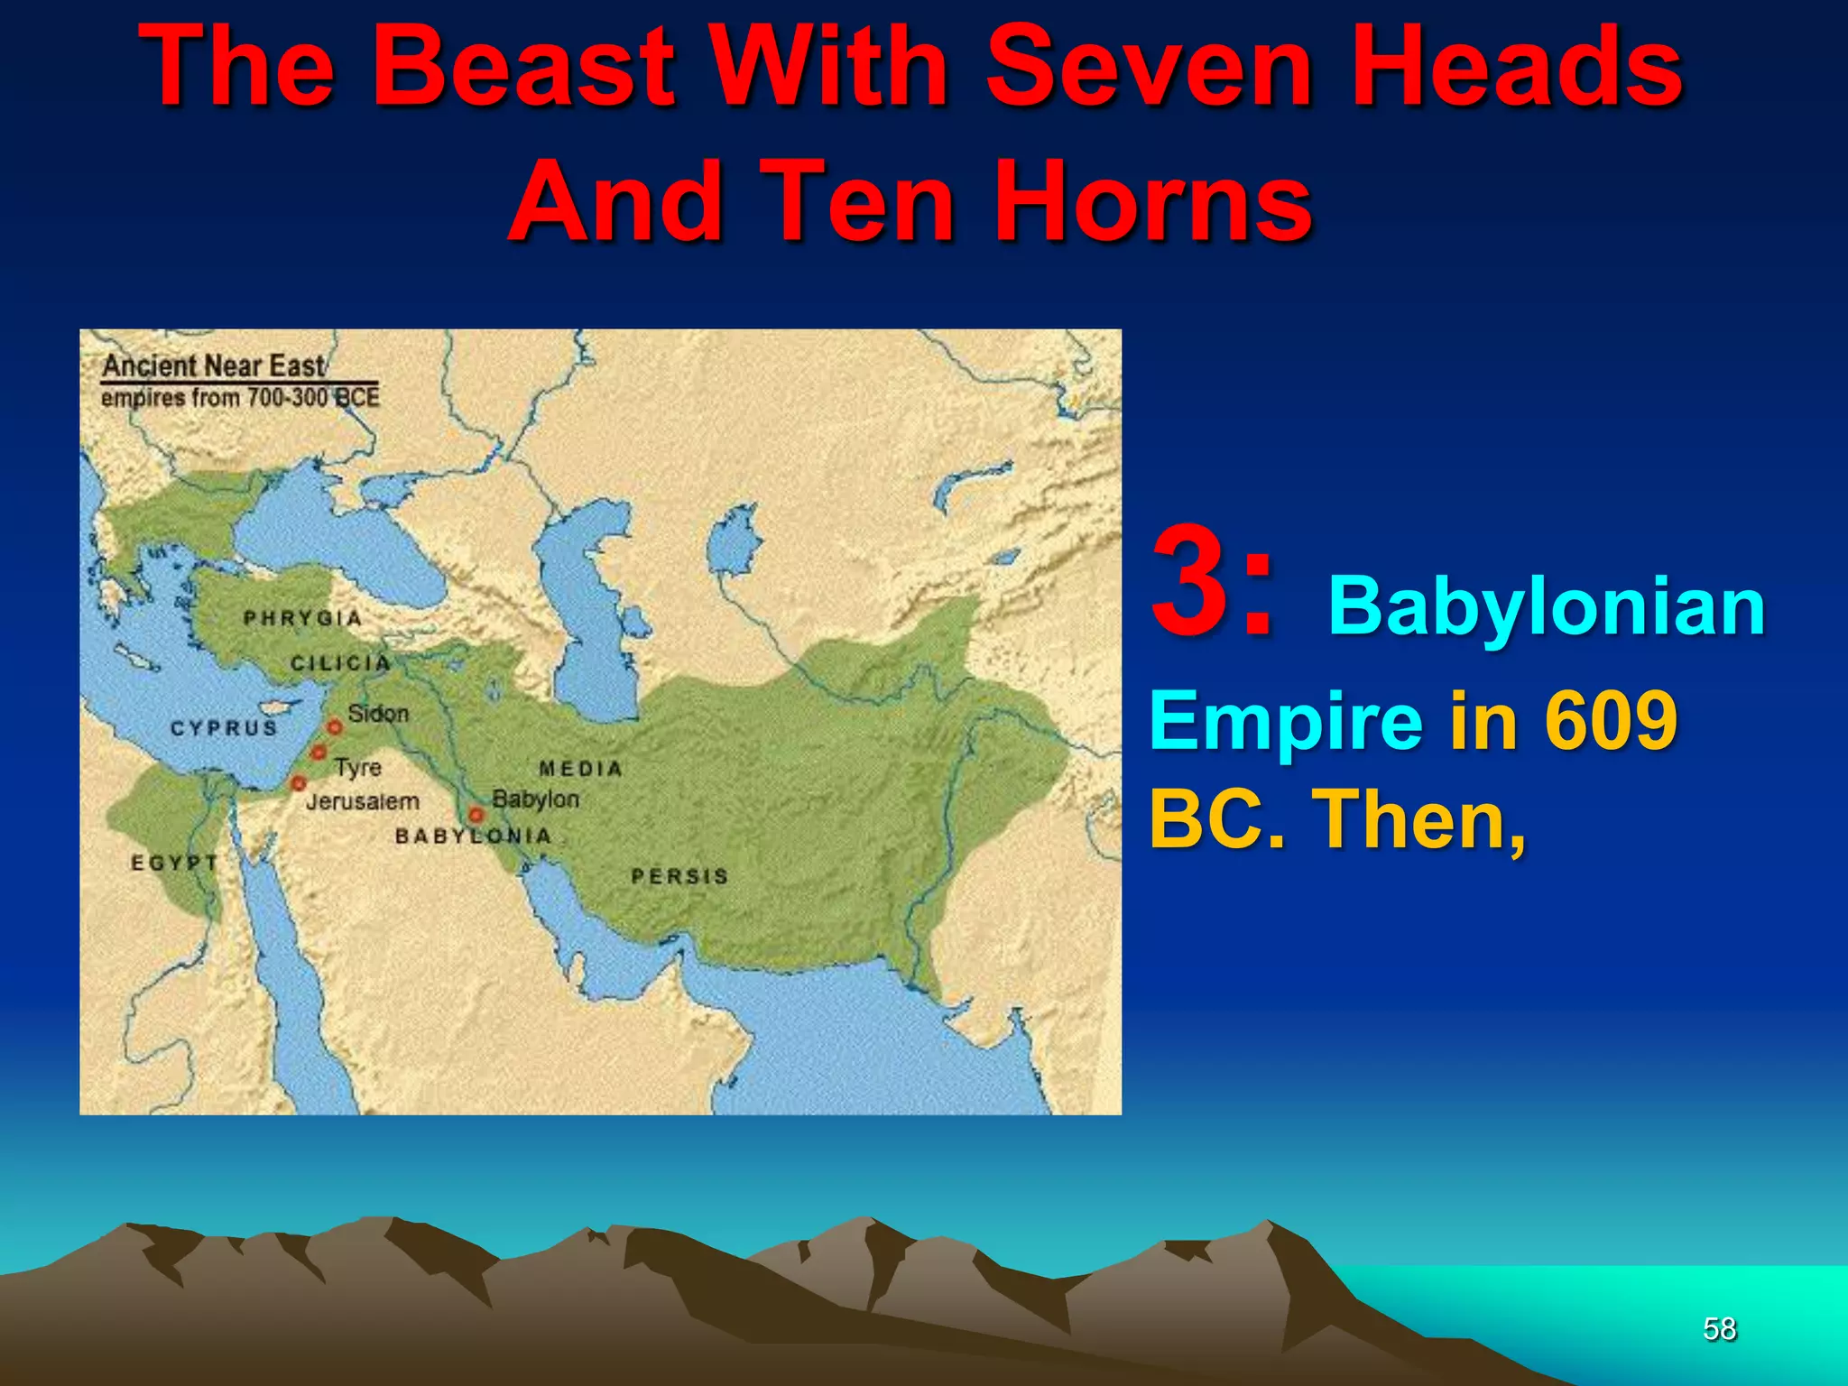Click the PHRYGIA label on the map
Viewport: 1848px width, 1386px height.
(303, 618)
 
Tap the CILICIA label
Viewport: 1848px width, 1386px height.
(341, 663)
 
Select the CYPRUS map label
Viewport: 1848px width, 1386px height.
(224, 727)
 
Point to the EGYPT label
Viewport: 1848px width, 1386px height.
(175, 863)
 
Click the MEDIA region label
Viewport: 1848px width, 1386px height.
(580, 769)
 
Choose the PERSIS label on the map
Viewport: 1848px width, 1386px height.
(679, 876)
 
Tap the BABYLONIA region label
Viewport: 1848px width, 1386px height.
(473, 836)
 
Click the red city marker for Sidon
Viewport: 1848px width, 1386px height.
(335, 726)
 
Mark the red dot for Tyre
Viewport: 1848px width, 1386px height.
(319, 752)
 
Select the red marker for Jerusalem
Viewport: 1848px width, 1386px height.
(299, 783)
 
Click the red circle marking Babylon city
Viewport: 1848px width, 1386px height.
(476, 816)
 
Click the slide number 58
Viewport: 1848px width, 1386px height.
(1719, 1328)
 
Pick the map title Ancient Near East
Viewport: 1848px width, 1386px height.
(213, 365)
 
